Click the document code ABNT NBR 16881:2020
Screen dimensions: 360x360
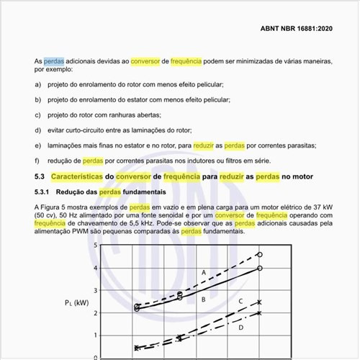297,29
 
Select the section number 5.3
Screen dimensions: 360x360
40,176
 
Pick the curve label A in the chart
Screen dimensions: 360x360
204,272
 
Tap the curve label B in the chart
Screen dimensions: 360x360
204,299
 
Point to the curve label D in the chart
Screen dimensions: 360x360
240,327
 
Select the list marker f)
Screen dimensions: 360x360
37,160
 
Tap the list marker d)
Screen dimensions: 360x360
37,130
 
